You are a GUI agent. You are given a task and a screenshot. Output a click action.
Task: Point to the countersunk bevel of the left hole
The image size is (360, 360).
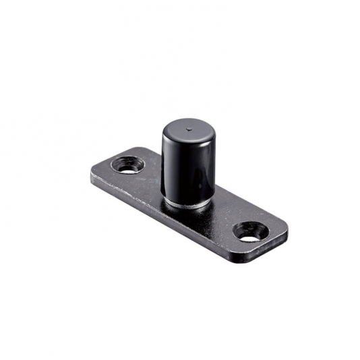[x=119, y=162]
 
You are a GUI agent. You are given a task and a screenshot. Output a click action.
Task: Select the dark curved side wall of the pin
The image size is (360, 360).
[x=177, y=169]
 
